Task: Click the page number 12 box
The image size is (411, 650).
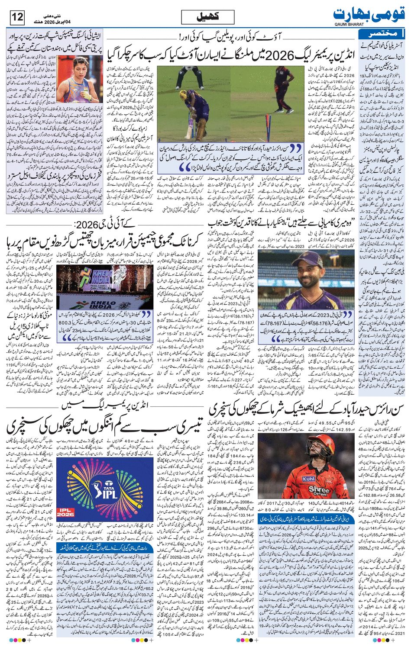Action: tap(18, 18)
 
